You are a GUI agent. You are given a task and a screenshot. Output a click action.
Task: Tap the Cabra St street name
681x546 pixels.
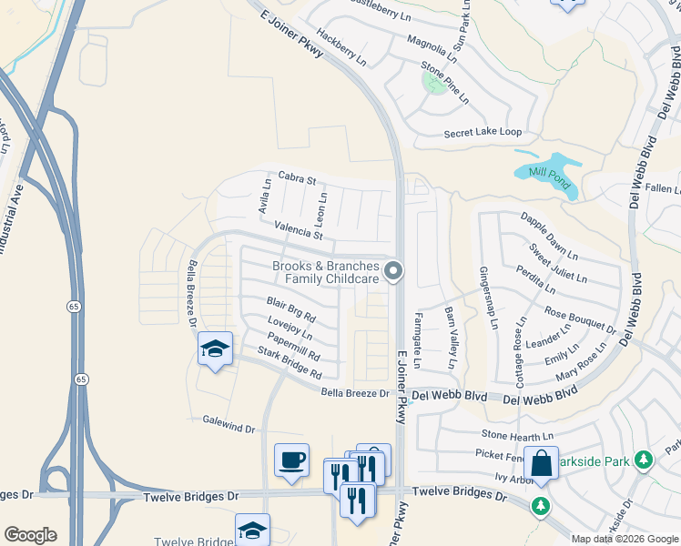pyautogui.click(x=297, y=179)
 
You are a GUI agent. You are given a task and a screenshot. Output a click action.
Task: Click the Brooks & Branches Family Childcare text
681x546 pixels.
pyautogui.click(x=325, y=272)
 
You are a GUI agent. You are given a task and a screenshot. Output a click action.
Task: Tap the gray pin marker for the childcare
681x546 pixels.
pyautogui.click(x=393, y=270)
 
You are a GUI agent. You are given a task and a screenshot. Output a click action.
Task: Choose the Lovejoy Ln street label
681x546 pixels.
pyautogui.click(x=290, y=329)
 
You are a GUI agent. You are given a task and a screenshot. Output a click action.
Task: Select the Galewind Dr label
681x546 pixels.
pyautogui.click(x=229, y=426)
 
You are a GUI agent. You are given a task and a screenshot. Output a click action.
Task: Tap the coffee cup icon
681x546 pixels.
pyautogui.click(x=291, y=460)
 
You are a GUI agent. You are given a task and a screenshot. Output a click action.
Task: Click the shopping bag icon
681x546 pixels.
pyautogui.click(x=541, y=463)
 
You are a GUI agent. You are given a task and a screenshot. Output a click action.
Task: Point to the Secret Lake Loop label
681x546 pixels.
pyautogui.click(x=483, y=133)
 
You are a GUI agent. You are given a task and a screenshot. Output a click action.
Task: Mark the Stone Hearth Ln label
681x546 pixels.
pyautogui.click(x=518, y=435)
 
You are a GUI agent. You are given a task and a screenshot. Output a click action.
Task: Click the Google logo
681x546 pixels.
pyautogui.click(x=30, y=535)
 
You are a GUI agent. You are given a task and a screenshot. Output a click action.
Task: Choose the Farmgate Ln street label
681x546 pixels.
pyautogui.click(x=418, y=339)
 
